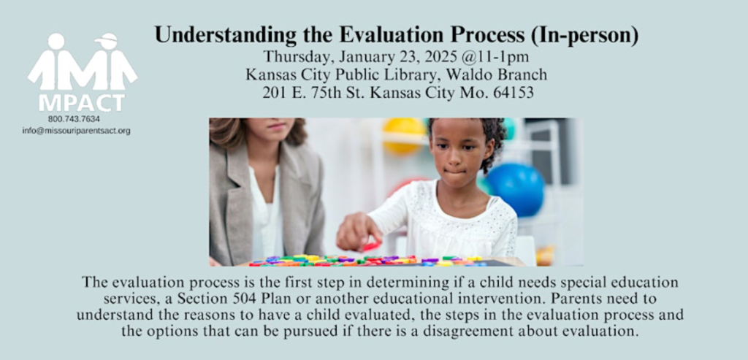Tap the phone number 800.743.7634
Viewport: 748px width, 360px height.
pos(74,119)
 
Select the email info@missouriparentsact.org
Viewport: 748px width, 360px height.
pos(76,131)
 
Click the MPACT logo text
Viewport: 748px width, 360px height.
pos(82,102)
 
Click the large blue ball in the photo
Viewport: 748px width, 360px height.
pos(515,190)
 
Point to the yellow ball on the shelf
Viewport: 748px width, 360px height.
pos(404,135)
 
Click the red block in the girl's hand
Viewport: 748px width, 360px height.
pos(372,246)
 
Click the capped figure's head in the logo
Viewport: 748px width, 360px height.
pos(106,41)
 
